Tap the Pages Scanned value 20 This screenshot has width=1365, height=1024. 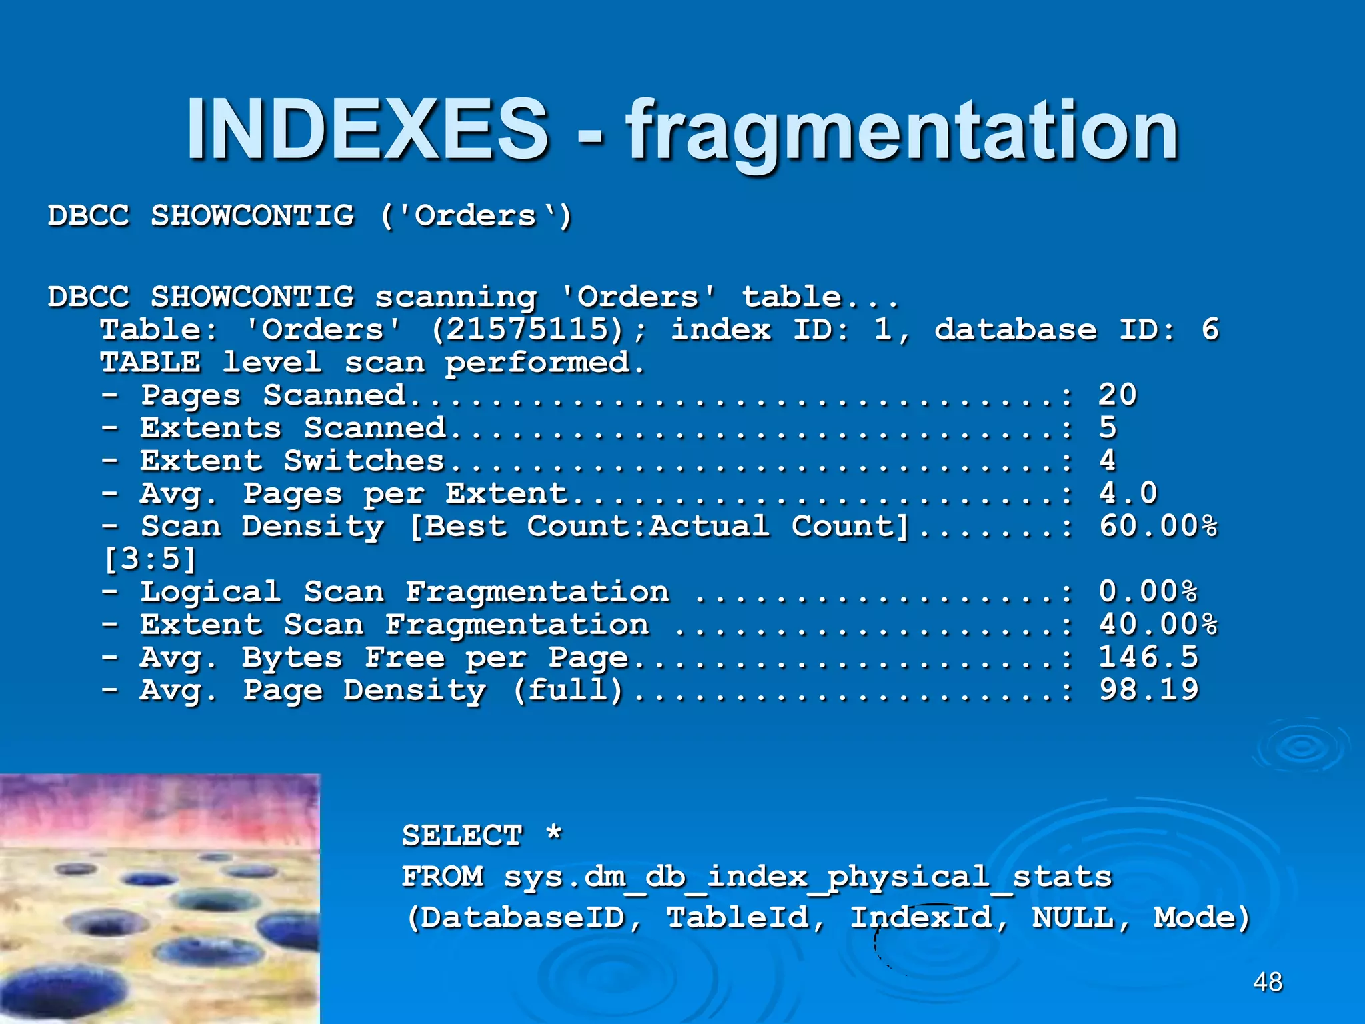(1118, 395)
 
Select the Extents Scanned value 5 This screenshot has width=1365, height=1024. (1108, 427)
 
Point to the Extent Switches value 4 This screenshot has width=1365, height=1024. (1108, 460)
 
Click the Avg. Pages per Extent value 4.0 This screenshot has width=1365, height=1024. (1128, 493)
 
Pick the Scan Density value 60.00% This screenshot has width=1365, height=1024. (1158, 526)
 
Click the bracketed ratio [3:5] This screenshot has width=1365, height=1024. (151, 559)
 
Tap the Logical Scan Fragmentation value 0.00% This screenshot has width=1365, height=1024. (1148, 591)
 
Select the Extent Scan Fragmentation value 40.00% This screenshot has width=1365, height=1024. (1158, 625)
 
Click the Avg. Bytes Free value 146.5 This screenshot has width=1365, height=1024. (1148, 657)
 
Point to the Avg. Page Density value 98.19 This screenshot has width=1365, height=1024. (1148, 690)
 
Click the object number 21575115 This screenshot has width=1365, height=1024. (527, 329)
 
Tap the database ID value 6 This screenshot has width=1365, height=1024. (1210, 329)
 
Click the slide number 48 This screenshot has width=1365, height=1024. (1268, 982)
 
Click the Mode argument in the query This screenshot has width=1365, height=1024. (1194, 918)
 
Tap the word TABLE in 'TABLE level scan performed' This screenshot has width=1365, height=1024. (150, 362)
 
